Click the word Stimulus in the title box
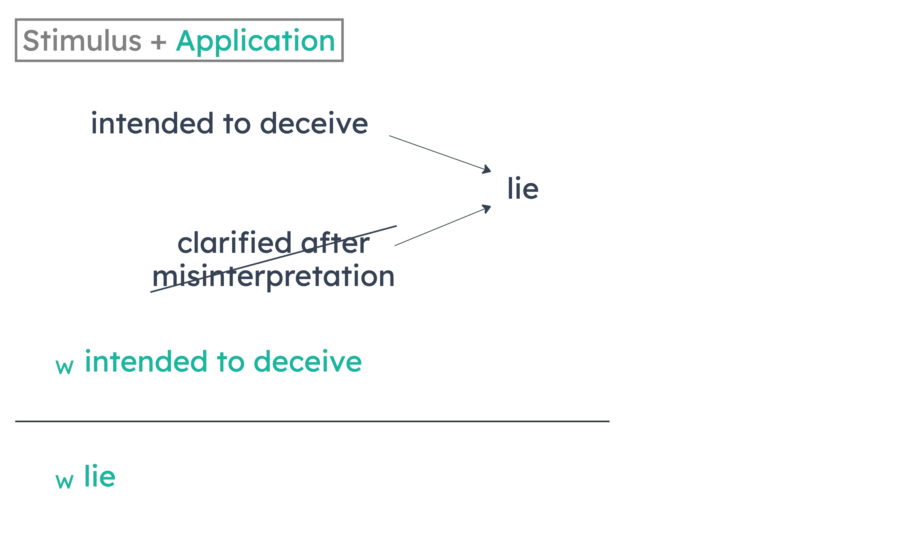pyautogui.click(x=82, y=41)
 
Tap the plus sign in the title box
pyautogui.click(x=158, y=41)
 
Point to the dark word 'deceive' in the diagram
pyautogui.click(x=314, y=123)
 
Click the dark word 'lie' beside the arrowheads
pyautogui.click(x=522, y=189)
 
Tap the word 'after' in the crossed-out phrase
pyautogui.click(x=335, y=243)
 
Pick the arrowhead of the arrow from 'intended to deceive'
pyautogui.click(x=487, y=170)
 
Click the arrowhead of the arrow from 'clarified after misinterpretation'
pyautogui.click(x=487, y=208)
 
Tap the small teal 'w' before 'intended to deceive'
pyautogui.click(x=65, y=366)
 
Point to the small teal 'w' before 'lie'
pyautogui.click(x=65, y=481)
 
